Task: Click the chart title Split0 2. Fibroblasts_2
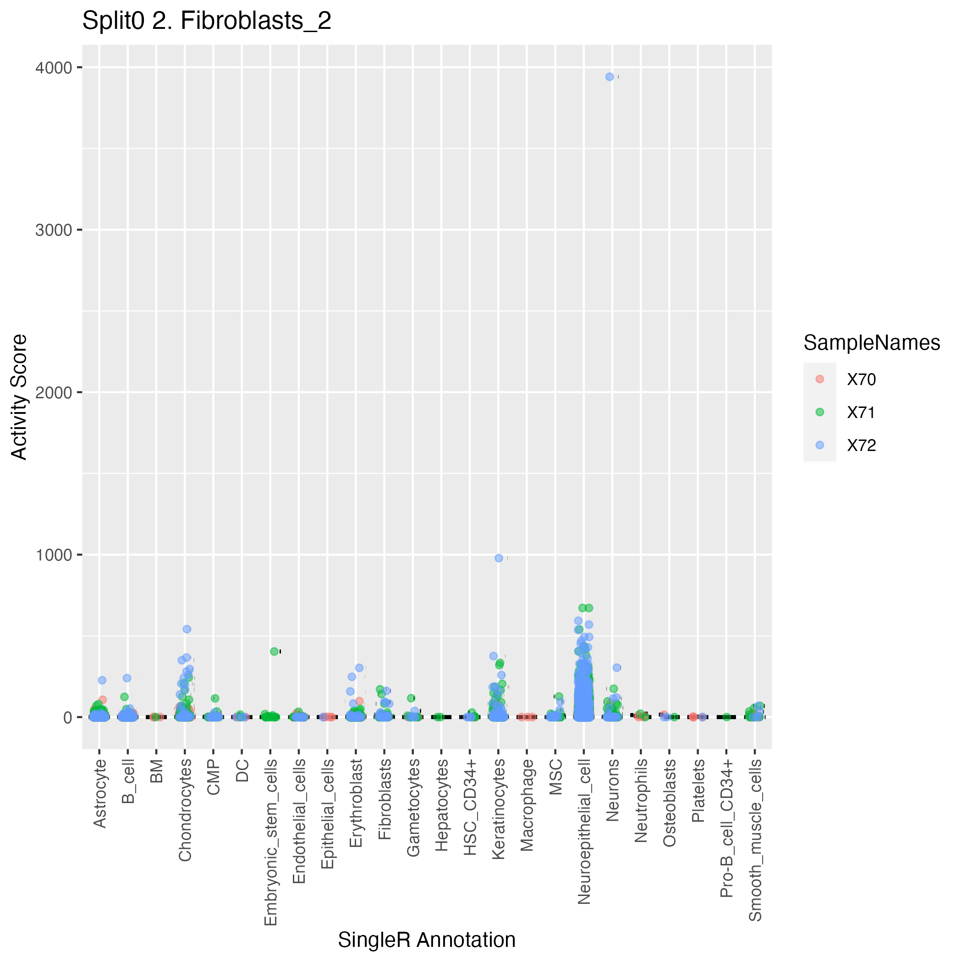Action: (206, 22)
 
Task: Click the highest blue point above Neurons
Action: (610, 77)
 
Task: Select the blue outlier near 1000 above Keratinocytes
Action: (499, 558)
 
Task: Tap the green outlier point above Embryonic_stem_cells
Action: (275, 651)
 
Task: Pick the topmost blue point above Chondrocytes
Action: (187, 629)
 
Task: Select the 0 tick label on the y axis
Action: (68, 718)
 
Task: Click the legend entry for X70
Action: (861, 380)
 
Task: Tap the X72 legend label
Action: (861, 445)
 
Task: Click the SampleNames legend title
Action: (871, 343)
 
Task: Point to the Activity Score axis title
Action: (19, 397)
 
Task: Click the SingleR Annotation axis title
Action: (427, 940)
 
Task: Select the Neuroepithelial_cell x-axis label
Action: (584, 830)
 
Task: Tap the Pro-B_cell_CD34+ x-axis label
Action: (726, 828)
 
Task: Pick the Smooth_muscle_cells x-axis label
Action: (755, 840)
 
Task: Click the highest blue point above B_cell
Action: (127, 678)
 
